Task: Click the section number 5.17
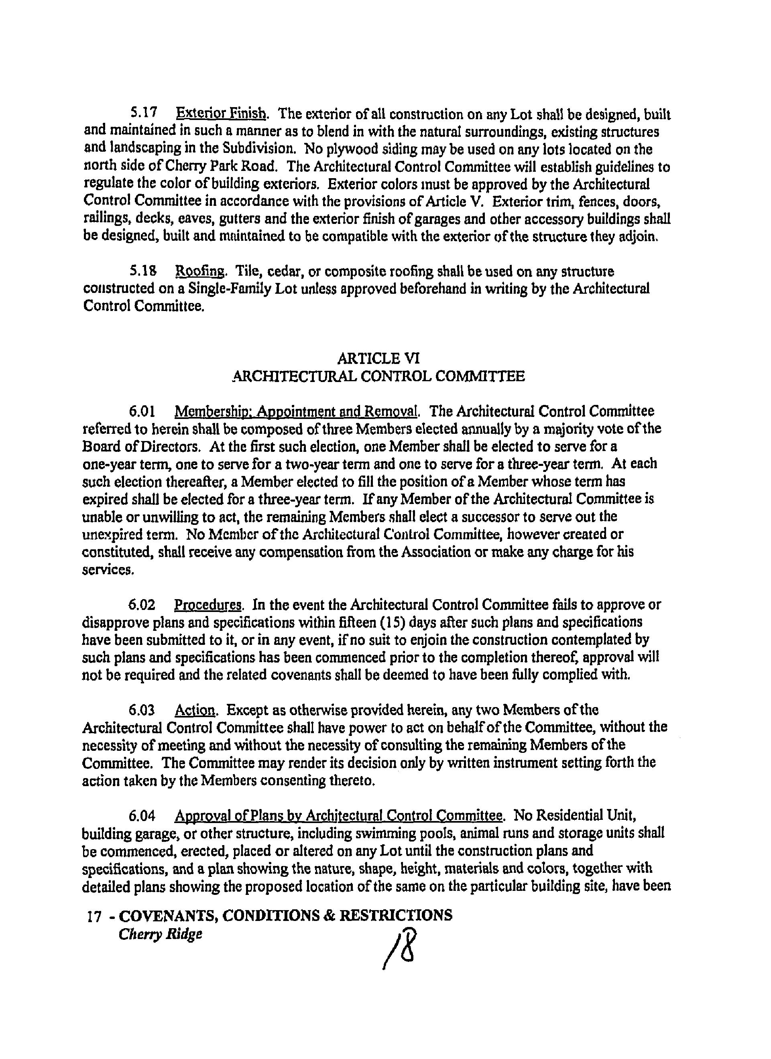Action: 143,114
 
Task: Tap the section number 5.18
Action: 143,271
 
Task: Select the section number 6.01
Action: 142,411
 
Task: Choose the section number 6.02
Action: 142,605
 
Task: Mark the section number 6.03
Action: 142,710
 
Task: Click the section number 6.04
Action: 142,816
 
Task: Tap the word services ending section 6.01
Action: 108,570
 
